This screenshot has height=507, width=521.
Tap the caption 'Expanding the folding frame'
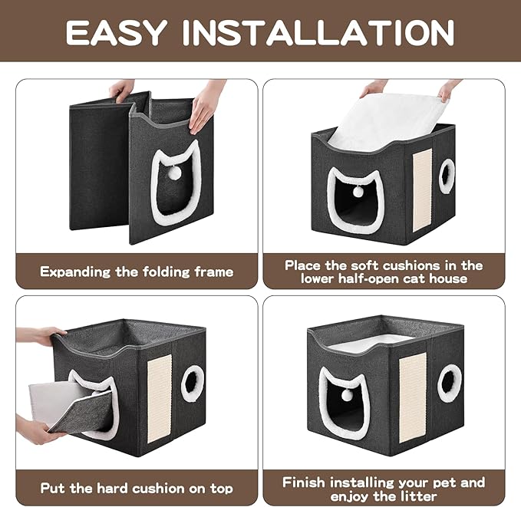click(137, 272)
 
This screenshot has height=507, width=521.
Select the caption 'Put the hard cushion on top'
click(137, 488)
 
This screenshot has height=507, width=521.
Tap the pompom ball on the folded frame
click(175, 173)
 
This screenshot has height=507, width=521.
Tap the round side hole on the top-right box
click(447, 176)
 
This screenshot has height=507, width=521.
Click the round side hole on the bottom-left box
click(193, 384)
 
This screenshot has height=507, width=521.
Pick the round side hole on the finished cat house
click(450, 383)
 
